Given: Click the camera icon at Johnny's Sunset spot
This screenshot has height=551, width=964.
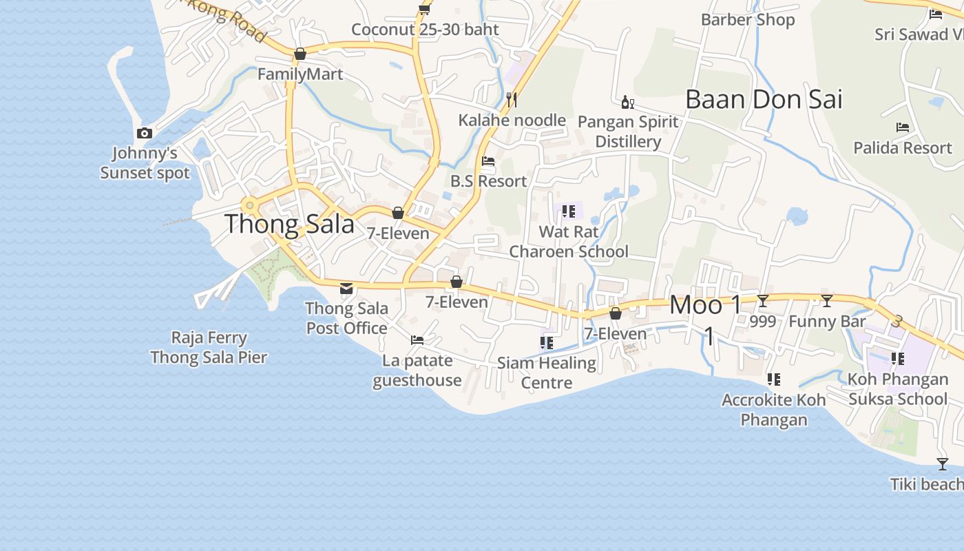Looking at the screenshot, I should [x=145, y=133].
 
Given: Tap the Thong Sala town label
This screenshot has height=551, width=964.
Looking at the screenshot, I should [x=289, y=224].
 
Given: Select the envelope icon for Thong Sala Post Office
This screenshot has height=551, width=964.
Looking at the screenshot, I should [x=346, y=288].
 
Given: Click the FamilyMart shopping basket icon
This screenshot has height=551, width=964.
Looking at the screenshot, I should [x=300, y=54].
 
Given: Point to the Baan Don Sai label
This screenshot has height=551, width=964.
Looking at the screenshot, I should [x=764, y=99].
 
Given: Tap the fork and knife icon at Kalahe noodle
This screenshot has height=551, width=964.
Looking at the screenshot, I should [x=512, y=100].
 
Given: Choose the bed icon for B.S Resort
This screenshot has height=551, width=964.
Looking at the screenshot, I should [x=488, y=161].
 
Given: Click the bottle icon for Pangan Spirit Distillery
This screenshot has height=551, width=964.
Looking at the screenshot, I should [x=627, y=103].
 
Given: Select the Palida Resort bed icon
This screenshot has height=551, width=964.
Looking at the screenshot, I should [x=903, y=127].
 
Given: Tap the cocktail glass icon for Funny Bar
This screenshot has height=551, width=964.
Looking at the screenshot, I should [x=827, y=300].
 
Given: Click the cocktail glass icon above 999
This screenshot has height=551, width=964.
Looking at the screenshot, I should [x=762, y=300].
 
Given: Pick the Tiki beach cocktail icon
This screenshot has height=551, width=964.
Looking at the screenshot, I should [x=943, y=464].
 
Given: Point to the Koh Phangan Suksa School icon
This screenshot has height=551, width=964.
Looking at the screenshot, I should [x=897, y=358].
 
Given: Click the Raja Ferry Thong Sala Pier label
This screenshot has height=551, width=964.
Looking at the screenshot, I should [x=209, y=347].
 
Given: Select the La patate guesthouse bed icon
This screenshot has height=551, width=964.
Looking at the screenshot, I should [x=417, y=340].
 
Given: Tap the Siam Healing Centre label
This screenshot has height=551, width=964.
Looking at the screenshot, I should [x=547, y=372].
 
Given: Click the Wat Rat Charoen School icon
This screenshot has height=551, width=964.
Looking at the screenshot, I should [x=568, y=211].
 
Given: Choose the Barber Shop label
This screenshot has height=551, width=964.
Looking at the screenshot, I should [x=748, y=20].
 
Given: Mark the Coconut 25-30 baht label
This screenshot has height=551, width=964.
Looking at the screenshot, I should [x=425, y=30].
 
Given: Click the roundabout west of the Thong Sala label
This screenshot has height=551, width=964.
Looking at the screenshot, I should [x=249, y=205].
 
